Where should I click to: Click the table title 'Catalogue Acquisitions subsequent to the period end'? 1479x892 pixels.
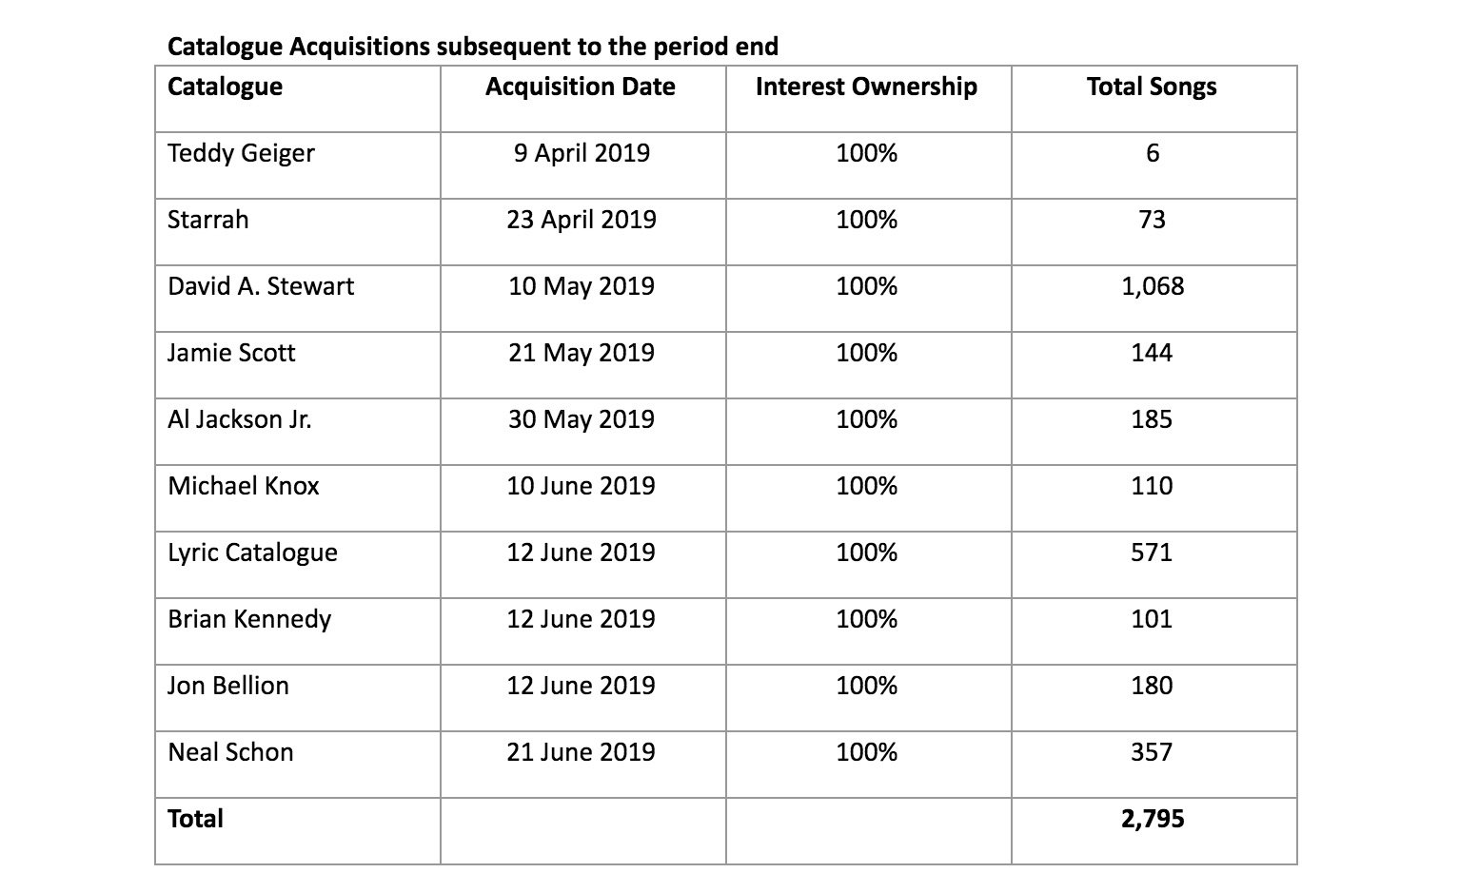tap(473, 47)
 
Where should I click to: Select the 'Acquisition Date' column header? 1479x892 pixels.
tap(581, 87)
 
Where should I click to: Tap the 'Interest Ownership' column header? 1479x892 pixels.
tap(866, 87)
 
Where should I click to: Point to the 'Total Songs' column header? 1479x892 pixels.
tap(1152, 87)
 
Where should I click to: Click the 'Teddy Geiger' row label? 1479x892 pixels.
tap(241, 154)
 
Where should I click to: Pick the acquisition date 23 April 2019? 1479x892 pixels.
tap(581, 221)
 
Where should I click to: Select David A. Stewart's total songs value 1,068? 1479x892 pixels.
tap(1153, 286)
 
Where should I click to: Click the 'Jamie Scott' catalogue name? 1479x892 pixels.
tap(231, 353)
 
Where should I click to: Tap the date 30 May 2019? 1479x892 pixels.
tap(581, 419)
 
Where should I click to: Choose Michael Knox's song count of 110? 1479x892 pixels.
tap(1153, 486)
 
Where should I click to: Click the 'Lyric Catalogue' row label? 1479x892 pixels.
tap(252, 553)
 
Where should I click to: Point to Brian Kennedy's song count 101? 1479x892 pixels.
tap(1153, 619)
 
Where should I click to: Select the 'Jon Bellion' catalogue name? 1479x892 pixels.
tap(227, 686)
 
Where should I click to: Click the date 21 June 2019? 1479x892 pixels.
tap(581, 752)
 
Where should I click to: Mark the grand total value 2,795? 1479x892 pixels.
tap(1153, 819)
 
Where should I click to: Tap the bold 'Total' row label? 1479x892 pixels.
tap(195, 819)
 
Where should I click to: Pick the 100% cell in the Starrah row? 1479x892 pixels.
tap(866, 220)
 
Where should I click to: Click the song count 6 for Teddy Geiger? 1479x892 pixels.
tap(1153, 153)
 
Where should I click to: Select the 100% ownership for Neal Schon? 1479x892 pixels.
tap(866, 752)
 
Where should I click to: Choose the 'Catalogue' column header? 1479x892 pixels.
tap(226, 87)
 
